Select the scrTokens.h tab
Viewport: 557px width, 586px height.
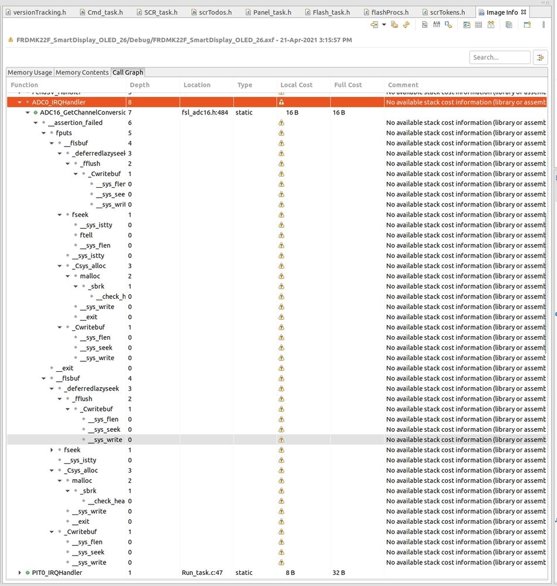click(447, 12)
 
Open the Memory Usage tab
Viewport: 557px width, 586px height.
click(30, 73)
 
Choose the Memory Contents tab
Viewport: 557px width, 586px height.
click(82, 73)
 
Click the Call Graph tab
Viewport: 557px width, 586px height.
click(127, 73)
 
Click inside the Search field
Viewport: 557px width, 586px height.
click(499, 57)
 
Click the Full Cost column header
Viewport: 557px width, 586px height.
click(348, 85)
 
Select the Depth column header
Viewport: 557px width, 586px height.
click(140, 85)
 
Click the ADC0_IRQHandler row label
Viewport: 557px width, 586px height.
click(59, 102)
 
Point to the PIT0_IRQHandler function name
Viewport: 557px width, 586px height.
click(57, 573)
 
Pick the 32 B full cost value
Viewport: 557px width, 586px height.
click(339, 573)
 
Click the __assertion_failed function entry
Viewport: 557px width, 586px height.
click(75, 123)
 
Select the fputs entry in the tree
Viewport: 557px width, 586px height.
click(64, 133)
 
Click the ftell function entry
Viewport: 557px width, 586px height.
click(86, 235)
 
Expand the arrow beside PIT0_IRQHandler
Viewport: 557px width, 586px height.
click(20, 573)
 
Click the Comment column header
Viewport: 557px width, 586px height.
click(403, 85)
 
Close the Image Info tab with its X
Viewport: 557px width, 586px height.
click(524, 12)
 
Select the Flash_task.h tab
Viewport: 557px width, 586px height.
click(331, 12)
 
